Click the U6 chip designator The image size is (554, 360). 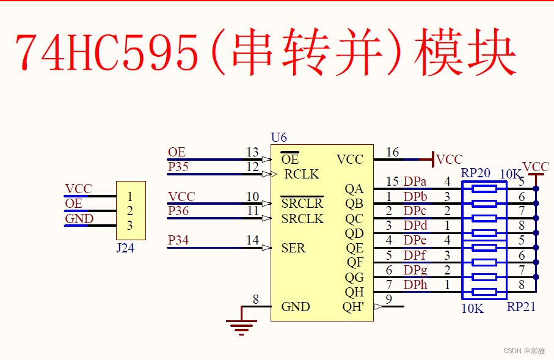click(x=279, y=138)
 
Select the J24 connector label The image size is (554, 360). click(x=125, y=248)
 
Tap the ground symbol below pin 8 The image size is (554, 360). click(x=242, y=327)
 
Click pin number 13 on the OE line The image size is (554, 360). click(x=252, y=152)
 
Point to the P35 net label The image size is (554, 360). click(x=178, y=167)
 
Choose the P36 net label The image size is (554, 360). click(x=178, y=211)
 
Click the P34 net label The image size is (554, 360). click(x=178, y=240)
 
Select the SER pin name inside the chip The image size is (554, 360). click(x=293, y=248)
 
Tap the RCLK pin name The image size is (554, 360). click(x=301, y=174)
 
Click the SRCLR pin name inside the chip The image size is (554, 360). click(x=302, y=204)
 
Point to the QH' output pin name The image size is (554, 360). click(x=354, y=307)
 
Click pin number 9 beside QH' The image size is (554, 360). click(x=388, y=299)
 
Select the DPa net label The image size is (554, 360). click(x=415, y=182)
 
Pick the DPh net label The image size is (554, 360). click(x=415, y=285)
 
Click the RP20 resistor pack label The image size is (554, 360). click(x=476, y=173)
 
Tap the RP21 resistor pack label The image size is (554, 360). click(x=521, y=307)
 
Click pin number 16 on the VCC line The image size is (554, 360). click(x=392, y=152)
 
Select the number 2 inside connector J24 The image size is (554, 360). click(x=129, y=211)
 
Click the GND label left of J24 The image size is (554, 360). click(x=79, y=219)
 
